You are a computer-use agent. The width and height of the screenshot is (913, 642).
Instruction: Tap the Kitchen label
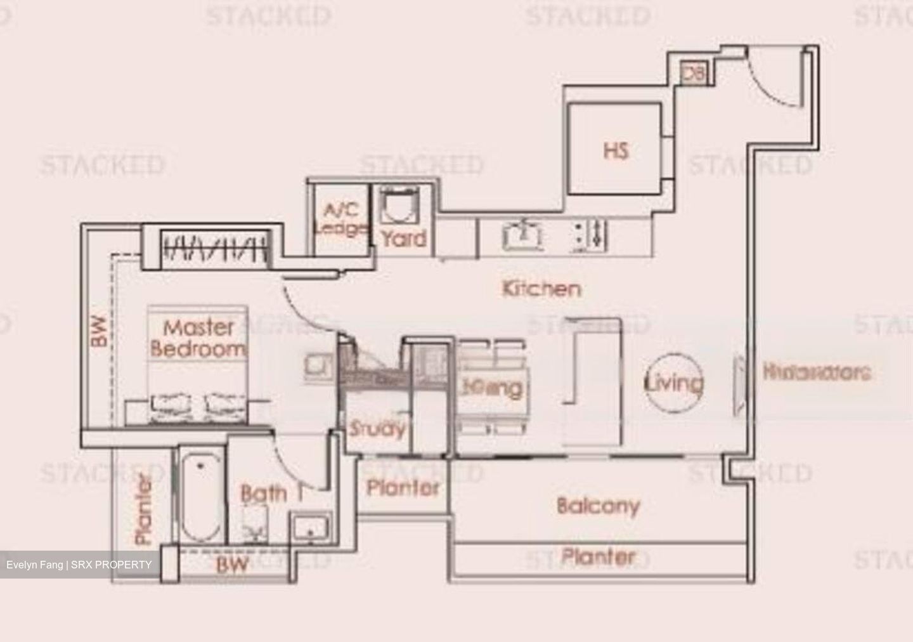click(x=541, y=289)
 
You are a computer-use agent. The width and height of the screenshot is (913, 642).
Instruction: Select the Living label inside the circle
click(x=674, y=383)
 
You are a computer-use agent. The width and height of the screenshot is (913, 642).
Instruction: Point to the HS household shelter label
click(x=616, y=151)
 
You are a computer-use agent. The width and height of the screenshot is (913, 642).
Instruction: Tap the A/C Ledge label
click(x=340, y=219)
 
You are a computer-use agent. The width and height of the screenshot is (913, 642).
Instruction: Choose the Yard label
click(x=403, y=239)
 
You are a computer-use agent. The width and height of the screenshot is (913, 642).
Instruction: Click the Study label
click(x=377, y=429)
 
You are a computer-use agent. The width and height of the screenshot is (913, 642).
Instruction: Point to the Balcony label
click(x=598, y=506)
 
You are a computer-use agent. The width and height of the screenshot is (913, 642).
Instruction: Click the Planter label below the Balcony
click(x=599, y=557)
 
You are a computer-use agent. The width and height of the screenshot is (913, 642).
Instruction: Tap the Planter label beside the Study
click(x=403, y=487)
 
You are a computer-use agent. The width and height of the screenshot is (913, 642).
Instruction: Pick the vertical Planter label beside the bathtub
click(x=145, y=509)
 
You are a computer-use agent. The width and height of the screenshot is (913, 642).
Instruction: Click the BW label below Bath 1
click(x=232, y=564)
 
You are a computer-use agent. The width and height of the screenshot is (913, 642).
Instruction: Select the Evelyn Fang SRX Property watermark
click(x=79, y=565)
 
